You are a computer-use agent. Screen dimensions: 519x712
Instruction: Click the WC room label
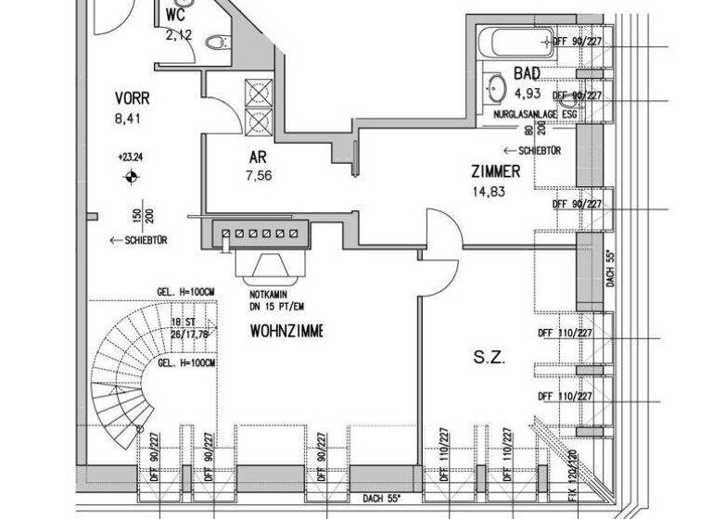(176, 17)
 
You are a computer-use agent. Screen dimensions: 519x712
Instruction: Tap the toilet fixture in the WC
(217, 43)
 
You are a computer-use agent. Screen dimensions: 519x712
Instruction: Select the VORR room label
(133, 98)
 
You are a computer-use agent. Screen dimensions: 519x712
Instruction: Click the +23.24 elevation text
(131, 158)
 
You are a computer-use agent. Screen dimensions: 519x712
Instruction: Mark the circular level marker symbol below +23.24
(131, 175)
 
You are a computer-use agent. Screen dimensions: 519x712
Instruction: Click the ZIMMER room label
(495, 171)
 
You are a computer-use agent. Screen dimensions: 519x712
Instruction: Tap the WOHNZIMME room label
(286, 331)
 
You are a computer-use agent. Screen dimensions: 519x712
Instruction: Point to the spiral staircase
(130, 371)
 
